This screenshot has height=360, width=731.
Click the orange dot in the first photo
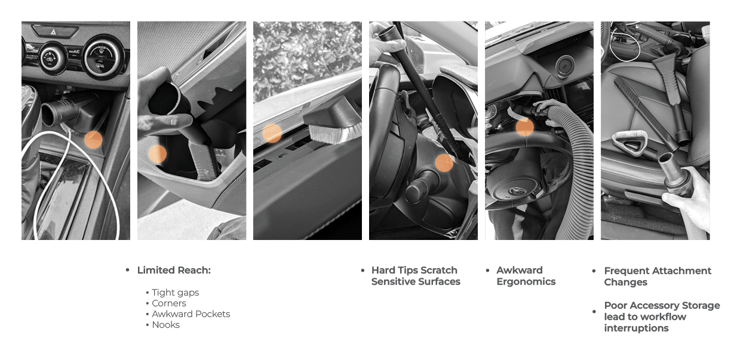[93, 140]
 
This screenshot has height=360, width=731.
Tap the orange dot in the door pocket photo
[157, 154]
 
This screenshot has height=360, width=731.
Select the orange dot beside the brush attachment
[272, 133]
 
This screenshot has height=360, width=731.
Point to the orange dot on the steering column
[444, 163]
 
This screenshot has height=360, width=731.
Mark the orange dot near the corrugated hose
[525, 127]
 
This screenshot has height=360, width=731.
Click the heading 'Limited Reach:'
[174, 270]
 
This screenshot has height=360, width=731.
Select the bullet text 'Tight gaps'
[175, 293]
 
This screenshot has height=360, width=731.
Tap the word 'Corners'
[169, 303]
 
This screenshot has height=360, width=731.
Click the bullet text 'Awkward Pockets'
[191, 314]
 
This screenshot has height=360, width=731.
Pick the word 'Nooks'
[166, 325]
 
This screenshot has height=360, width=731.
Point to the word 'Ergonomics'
[526, 282]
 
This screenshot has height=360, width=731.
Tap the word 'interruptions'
[637, 328]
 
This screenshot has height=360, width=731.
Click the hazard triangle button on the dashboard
[53, 32]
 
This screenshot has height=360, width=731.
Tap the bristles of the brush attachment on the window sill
[334, 134]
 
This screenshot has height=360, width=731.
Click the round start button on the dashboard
[564, 66]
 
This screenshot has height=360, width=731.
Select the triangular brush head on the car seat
[629, 143]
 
